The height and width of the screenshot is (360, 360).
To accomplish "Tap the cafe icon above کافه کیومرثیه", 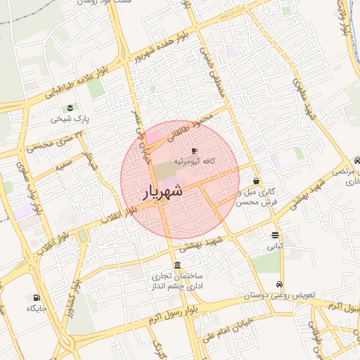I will [x=195, y=151].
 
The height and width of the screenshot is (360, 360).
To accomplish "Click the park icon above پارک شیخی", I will [x=70, y=108].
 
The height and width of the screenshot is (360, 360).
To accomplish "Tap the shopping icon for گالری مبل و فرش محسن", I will [x=256, y=181].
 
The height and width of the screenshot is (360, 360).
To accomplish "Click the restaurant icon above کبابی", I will [x=274, y=236].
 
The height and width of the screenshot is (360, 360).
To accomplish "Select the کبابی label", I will [x=274, y=247].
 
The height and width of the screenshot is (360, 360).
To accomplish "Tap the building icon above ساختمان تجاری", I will [x=176, y=266].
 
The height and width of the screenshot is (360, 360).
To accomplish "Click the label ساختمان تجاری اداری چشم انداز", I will [x=176, y=282].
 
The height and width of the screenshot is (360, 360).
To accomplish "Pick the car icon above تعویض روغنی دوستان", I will [x=280, y=285].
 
